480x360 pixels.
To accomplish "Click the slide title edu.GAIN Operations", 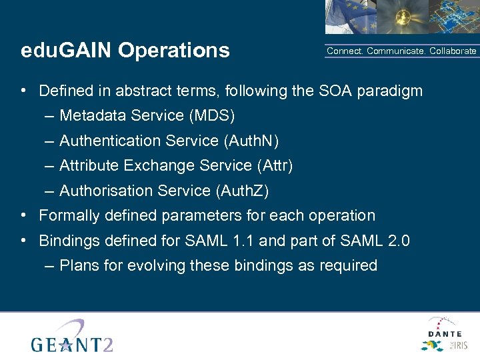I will tap(125, 51).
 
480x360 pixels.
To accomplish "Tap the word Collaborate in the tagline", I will tap(453, 51).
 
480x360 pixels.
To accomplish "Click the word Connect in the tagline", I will tap(345, 51).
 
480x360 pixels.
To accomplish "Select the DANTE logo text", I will tap(444, 333).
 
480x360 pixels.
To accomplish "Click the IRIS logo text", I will tap(459, 345).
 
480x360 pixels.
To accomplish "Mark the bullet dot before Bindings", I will tap(23, 241).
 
